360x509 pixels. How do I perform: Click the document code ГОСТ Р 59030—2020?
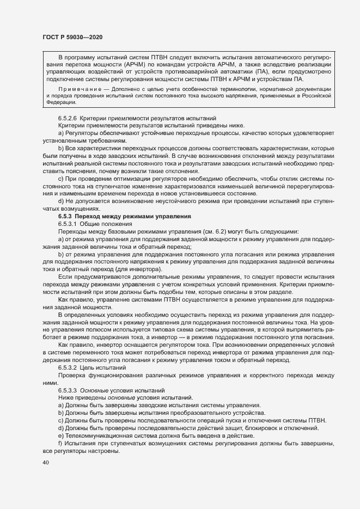coord(72,36)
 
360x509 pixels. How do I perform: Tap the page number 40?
coord(45,463)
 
